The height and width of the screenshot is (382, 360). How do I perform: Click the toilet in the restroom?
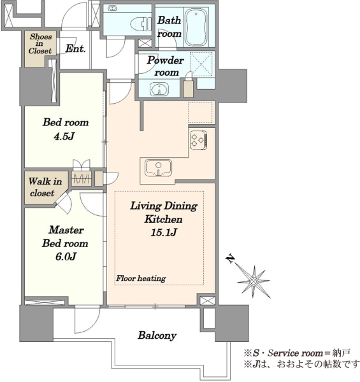(141, 24)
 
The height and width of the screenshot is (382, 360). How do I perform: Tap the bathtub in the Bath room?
(196, 27)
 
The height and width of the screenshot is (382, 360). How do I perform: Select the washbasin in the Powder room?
(159, 88)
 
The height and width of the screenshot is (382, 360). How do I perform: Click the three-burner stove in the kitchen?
(199, 140)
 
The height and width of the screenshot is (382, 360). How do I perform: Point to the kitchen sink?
(158, 168)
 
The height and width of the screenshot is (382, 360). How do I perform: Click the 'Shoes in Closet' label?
(41, 43)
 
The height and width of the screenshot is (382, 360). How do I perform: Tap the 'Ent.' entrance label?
(76, 49)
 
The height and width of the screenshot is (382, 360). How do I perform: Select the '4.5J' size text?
(64, 136)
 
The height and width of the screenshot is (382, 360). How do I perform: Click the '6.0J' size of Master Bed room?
(66, 257)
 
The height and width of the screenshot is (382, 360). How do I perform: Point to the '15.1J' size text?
(164, 232)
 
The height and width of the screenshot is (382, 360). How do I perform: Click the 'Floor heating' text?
(141, 278)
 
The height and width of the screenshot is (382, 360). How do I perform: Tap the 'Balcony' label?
(157, 336)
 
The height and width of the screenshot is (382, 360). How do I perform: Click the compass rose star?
(254, 282)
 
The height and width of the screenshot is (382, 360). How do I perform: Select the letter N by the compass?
(230, 258)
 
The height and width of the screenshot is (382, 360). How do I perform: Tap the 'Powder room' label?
(166, 66)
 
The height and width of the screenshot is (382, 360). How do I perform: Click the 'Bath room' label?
(169, 27)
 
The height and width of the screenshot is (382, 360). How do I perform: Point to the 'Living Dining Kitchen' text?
(164, 213)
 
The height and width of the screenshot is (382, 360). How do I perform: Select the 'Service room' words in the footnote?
(296, 353)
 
